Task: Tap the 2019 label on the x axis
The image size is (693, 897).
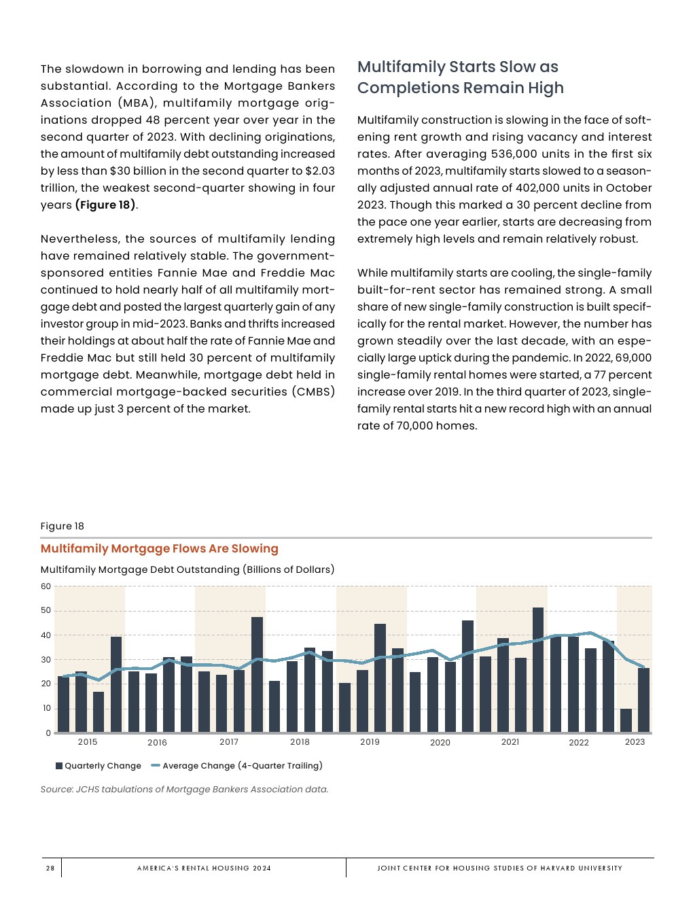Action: point(370,742)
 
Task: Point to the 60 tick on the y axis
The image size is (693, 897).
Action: point(46,586)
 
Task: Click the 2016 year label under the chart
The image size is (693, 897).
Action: point(157,743)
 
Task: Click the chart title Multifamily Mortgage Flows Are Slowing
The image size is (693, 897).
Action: point(160,548)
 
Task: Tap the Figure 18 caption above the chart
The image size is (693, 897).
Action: point(63,526)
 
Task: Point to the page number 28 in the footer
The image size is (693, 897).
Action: point(50,868)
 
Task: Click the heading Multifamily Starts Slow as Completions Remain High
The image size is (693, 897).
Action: point(460,77)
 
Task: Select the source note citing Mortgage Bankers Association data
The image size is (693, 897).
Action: point(184,790)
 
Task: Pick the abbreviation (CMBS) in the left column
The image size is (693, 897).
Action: point(313,392)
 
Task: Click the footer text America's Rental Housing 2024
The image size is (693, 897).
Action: point(204,868)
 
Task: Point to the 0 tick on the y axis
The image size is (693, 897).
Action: point(48,733)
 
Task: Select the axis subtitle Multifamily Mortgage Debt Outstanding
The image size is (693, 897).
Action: point(187,569)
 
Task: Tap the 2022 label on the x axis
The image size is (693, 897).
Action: point(579,743)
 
